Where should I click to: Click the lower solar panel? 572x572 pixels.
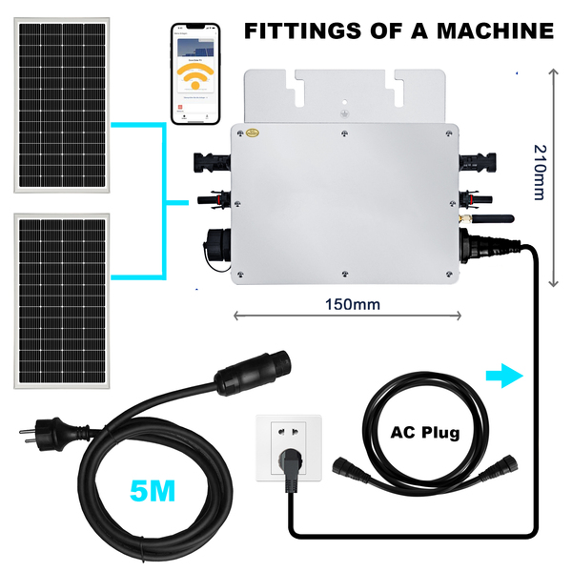pyautogui.click(x=60, y=300)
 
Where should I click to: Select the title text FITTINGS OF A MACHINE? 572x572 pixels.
pyautogui.click(x=398, y=31)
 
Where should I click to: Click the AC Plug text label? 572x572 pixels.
pyautogui.click(x=425, y=432)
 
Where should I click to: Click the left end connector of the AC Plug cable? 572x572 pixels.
pyautogui.click(x=345, y=470)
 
